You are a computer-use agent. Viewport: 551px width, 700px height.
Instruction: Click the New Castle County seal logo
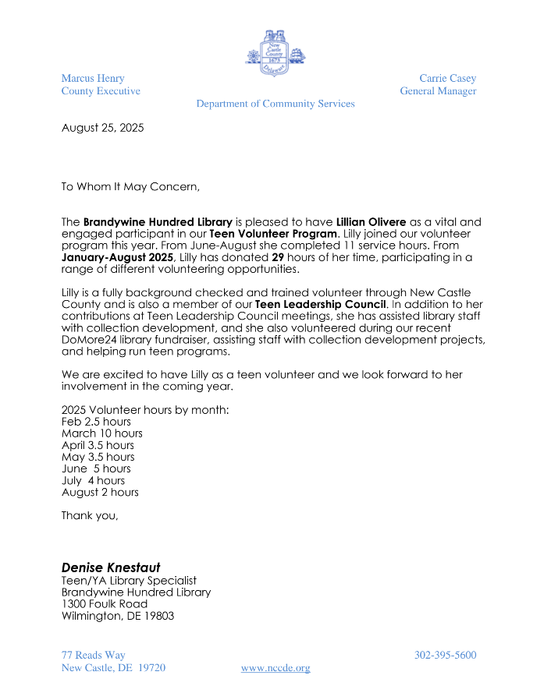(275, 51)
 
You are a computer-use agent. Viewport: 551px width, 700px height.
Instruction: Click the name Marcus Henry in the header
(93, 79)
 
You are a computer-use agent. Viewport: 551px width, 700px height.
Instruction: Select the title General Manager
(438, 91)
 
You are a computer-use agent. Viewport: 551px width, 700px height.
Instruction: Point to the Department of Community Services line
(275, 104)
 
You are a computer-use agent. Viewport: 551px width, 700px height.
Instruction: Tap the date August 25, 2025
(102, 128)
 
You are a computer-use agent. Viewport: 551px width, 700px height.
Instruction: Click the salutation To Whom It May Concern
(130, 186)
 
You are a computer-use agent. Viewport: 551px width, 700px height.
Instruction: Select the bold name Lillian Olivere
(371, 223)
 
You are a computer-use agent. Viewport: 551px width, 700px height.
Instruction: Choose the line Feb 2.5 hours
(96, 422)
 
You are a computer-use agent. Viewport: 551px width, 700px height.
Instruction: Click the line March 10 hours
(101, 433)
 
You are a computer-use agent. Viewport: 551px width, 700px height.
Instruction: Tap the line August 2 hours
(100, 493)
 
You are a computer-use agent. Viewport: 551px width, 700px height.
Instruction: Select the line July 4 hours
(93, 481)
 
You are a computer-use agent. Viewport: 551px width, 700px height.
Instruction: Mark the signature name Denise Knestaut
(110, 567)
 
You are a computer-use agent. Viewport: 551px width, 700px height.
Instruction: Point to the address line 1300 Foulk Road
(105, 603)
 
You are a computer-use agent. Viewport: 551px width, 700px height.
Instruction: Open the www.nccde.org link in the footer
(275, 668)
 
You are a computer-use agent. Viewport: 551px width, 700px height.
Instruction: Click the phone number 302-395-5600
(445, 656)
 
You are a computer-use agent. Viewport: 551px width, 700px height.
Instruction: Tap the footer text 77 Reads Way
(93, 656)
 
